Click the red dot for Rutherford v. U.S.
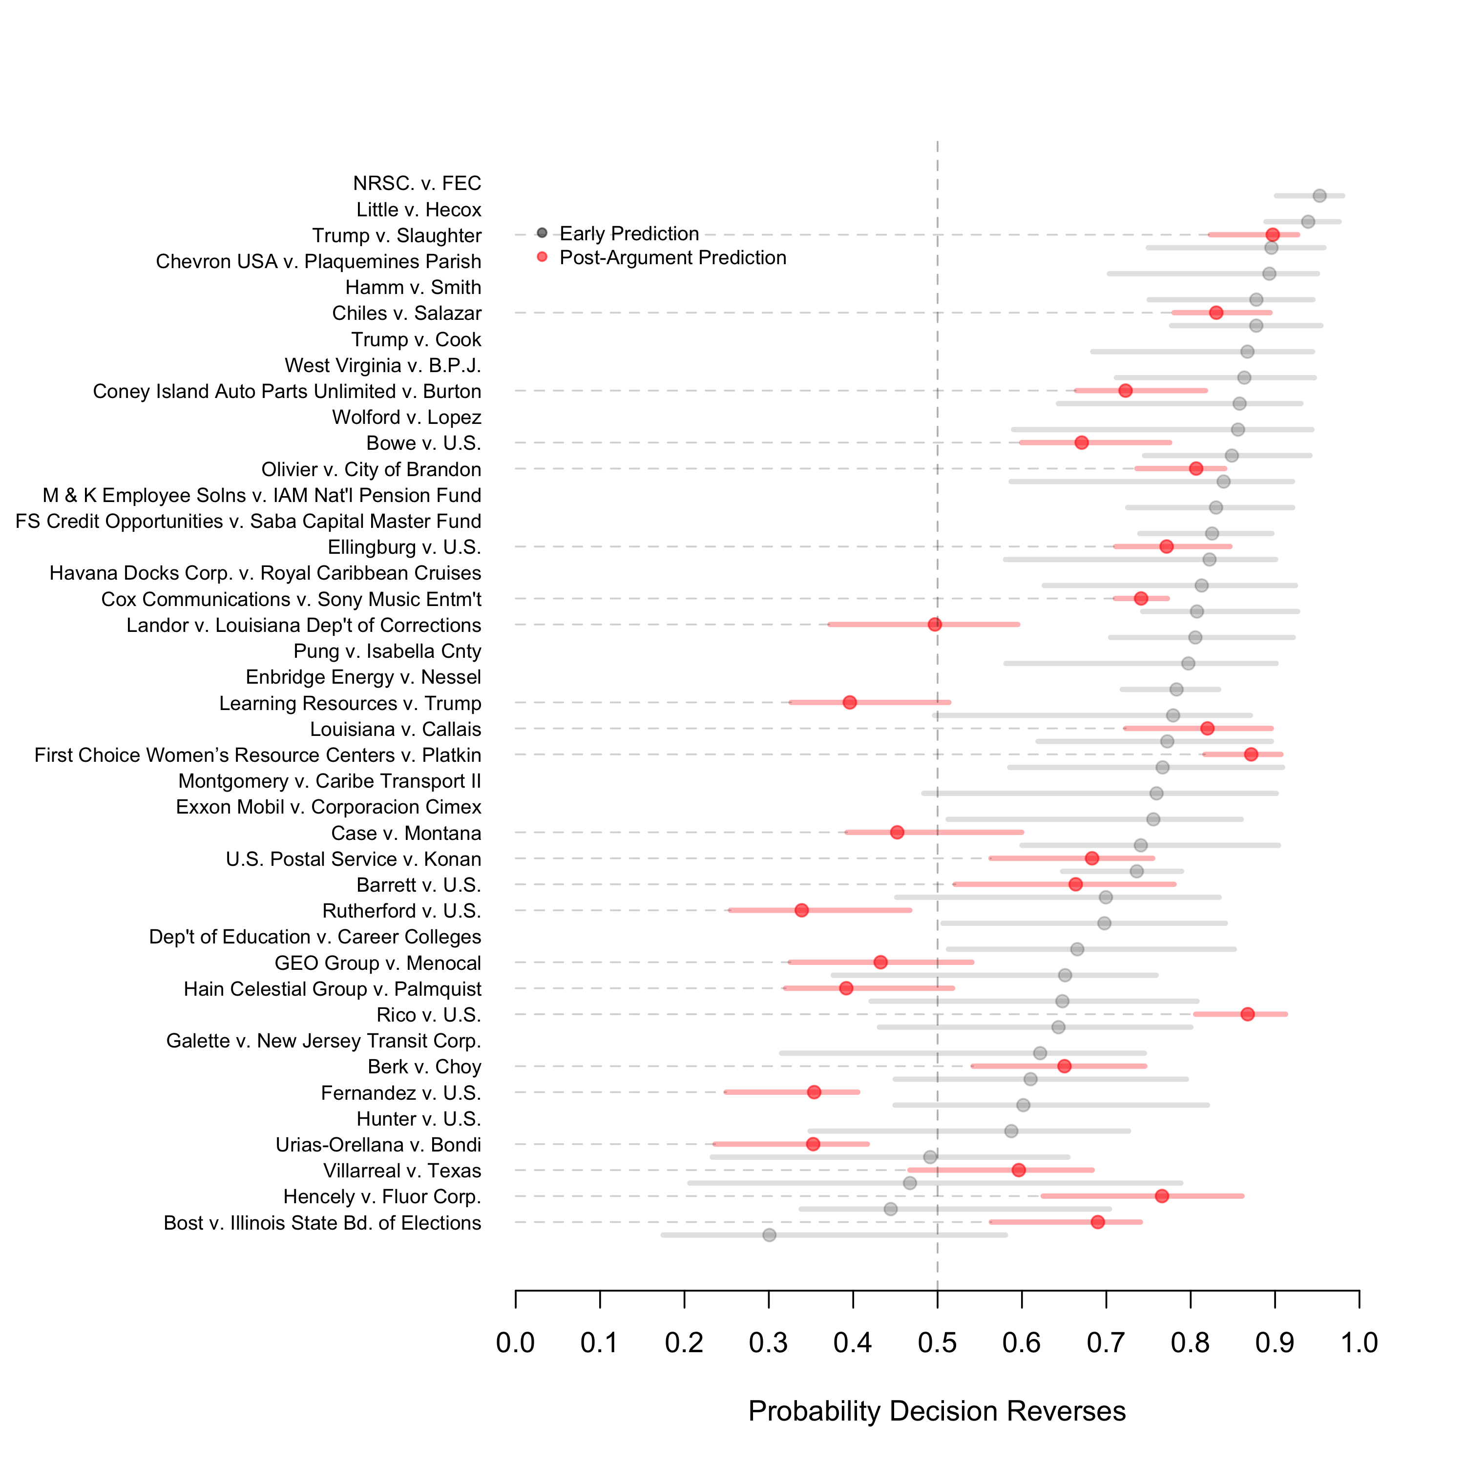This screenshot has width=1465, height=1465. pyautogui.click(x=801, y=910)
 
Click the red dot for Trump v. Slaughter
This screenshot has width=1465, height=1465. pyautogui.click(x=1273, y=234)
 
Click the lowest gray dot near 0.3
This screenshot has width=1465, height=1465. pyautogui.click(x=769, y=1235)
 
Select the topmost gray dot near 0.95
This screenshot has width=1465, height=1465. pyautogui.click(x=1319, y=196)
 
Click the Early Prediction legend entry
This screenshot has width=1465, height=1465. pyautogui.click(x=628, y=233)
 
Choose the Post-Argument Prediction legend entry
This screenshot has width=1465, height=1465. pyautogui.click(x=672, y=258)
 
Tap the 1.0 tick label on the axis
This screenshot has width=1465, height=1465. pyautogui.click(x=1359, y=1343)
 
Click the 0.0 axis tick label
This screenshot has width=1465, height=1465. pyautogui.click(x=516, y=1343)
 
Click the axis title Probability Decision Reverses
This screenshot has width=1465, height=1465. pyautogui.click(x=937, y=1411)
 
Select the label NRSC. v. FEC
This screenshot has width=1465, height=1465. pyautogui.click(x=417, y=184)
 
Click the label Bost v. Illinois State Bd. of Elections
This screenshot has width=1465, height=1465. pyautogui.click(x=322, y=1223)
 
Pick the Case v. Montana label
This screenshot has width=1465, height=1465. pyautogui.click(x=406, y=834)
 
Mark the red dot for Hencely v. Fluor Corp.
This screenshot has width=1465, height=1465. pyautogui.click(x=1162, y=1196)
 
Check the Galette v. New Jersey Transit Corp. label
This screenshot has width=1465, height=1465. pyautogui.click(x=324, y=1041)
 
